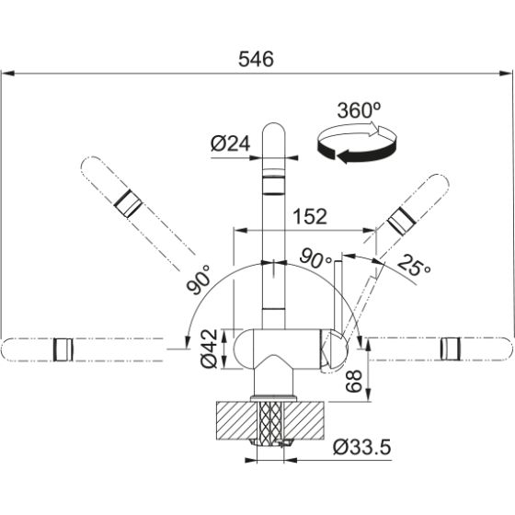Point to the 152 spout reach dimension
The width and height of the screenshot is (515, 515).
[x=309, y=217]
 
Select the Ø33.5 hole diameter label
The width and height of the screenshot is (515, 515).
[x=361, y=448]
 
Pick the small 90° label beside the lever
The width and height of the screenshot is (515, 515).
[x=315, y=259]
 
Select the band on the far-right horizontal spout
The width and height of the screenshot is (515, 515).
[x=451, y=348]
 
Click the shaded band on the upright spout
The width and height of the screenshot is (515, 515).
[x=275, y=184]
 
